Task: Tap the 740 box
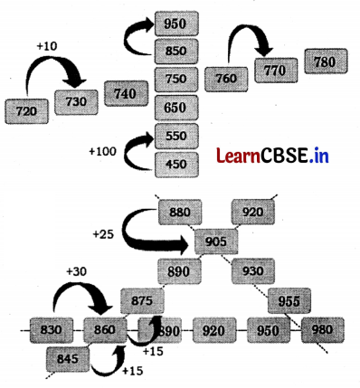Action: (x=128, y=93)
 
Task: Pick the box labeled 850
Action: (x=177, y=52)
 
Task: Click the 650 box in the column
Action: (x=177, y=108)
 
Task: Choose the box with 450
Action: (x=177, y=165)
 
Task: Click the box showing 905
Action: (x=216, y=241)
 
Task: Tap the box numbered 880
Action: (x=180, y=213)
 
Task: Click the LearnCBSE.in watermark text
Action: (x=272, y=156)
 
